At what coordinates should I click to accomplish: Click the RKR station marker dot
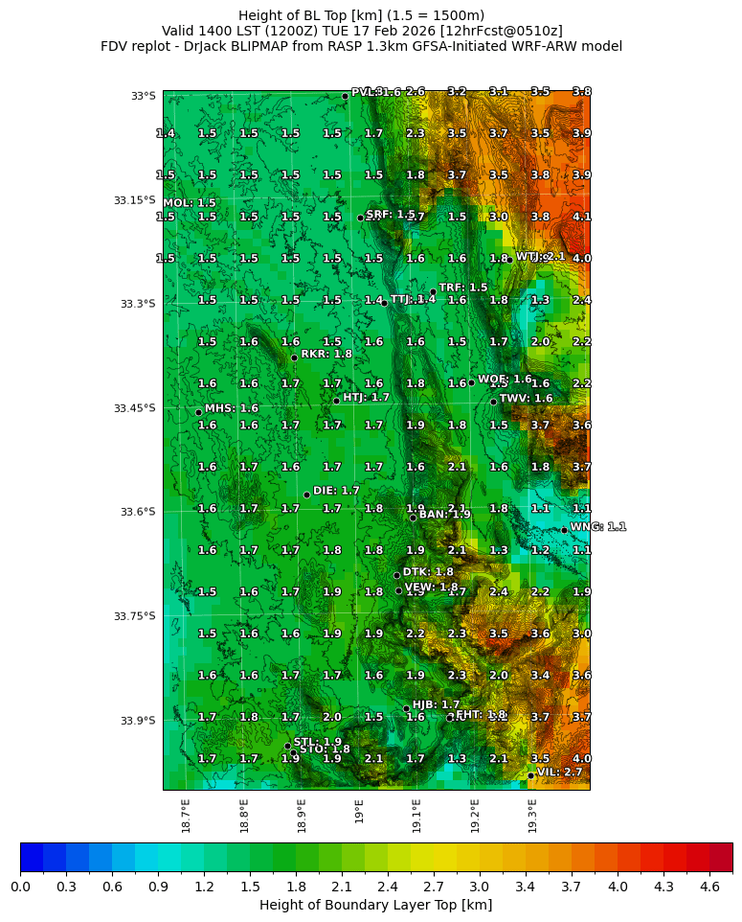pyautogui.click(x=294, y=357)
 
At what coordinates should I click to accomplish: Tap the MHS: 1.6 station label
pyautogui.click(x=231, y=408)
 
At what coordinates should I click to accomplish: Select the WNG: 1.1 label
pyautogui.click(x=597, y=527)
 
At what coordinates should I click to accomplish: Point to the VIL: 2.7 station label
pyautogui.click(x=559, y=772)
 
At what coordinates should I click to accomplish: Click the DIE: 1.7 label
pyautogui.click(x=336, y=491)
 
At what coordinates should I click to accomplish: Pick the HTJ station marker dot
pyautogui.click(x=336, y=401)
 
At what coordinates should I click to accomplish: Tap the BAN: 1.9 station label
pyautogui.click(x=444, y=515)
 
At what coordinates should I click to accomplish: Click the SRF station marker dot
pyautogui.click(x=360, y=218)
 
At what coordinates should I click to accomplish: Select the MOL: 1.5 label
pyautogui.click(x=190, y=203)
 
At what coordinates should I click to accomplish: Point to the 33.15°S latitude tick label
pyautogui.click(x=134, y=200)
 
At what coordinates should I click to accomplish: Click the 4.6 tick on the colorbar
pyautogui.click(x=709, y=887)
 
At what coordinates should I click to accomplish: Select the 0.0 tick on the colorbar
pyautogui.click(x=20, y=887)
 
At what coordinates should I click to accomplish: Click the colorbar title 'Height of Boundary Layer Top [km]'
pyautogui.click(x=375, y=905)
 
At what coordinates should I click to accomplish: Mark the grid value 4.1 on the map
pyautogui.click(x=581, y=217)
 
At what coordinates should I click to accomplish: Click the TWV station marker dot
pyautogui.click(x=493, y=402)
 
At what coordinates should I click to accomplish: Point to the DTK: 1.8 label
pyautogui.click(x=428, y=572)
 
